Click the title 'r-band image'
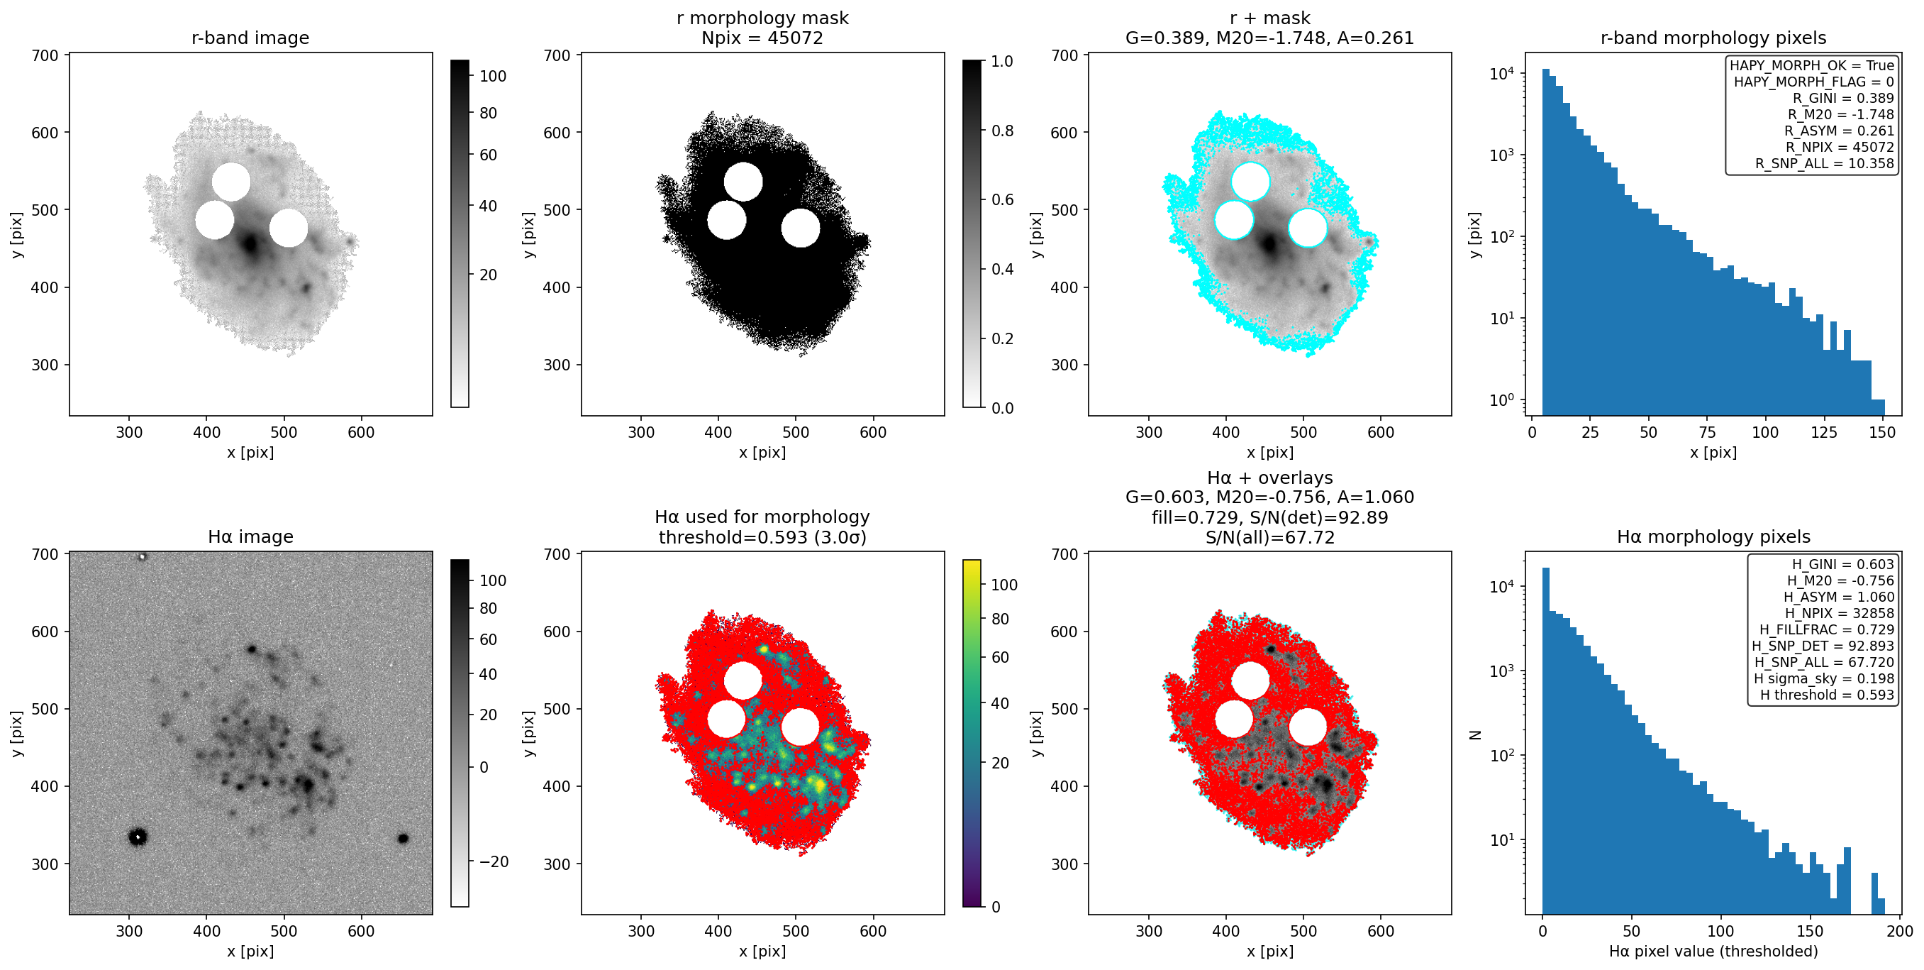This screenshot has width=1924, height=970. pyautogui.click(x=250, y=38)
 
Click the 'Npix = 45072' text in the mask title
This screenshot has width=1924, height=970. pyautogui.click(x=762, y=38)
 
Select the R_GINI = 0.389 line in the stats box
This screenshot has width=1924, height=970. pyautogui.click(x=1842, y=98)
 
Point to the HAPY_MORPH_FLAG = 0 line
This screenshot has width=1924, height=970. pyautogui.click(x=1813, y=82)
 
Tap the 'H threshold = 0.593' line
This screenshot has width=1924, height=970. pyautogui.click(x=1827, y=694)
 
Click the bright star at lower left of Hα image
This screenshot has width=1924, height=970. pyautogui.click(x=138, y=837)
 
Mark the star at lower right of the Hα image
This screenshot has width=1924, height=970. pyautogui.click(x=404, y=839)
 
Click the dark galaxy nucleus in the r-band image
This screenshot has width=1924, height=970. pyautogui.click(x=250, y=243)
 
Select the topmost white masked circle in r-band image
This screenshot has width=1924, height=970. pyautogui.click(x=230, y=182)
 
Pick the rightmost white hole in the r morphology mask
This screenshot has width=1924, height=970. pyautogui.click(x=801, y=228)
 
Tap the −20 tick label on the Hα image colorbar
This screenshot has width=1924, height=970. pyautogui.click(x=494, y=861)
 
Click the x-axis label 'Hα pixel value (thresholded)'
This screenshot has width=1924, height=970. pyautogui.click(x=1713, y=952)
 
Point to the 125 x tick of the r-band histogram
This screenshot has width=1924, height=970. pyautogui.click(x=1824, y=432)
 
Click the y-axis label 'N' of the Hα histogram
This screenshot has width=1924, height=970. pyautogui.click(x=1475, y=734)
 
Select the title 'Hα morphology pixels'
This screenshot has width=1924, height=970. pyautogui.click(x=1713, y=536)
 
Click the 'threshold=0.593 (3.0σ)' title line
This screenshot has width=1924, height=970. pyautogui.click(x=762, y=537)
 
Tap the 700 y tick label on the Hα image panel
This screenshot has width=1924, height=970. pyautogui.click(x=45, y=553)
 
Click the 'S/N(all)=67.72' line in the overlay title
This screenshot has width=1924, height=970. pyautogui.click(x=1269, y=537)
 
